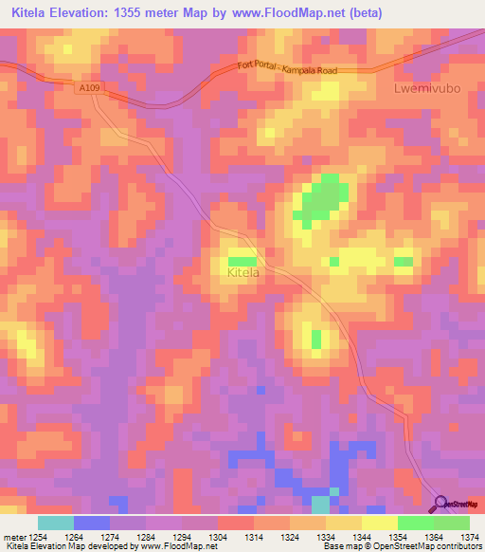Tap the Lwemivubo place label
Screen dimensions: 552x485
(x=425, y=88)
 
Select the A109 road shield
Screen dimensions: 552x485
(x=87, y=86)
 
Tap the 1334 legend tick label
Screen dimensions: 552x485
(x=325, y=537)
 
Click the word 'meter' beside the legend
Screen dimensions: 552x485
(x=13, y=537)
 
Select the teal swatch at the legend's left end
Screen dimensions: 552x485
(x=56, y=523)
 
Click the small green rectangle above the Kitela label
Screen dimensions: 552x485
(x=242, y=261)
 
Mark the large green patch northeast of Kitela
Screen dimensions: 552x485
(x=319, y=201)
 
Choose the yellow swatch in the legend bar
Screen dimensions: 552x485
(x=380, y=523)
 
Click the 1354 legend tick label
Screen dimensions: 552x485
(x=397, y=537)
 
